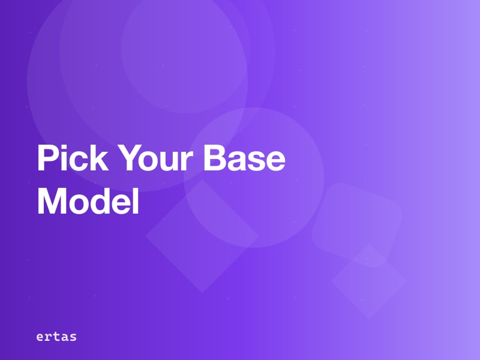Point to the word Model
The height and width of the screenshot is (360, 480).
click(88, 202)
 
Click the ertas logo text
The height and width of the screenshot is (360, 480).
click(56, 337)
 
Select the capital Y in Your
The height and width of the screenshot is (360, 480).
click(127, 160)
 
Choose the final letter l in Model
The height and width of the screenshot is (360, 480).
click(136, 202)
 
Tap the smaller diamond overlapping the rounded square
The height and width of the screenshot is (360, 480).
click(369, 281)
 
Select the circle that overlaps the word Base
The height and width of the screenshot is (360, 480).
click(254, 178)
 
